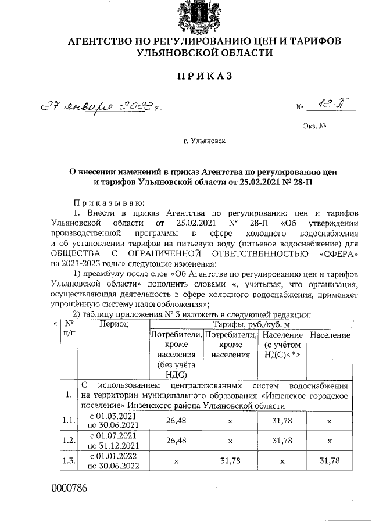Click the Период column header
[113, 324]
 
